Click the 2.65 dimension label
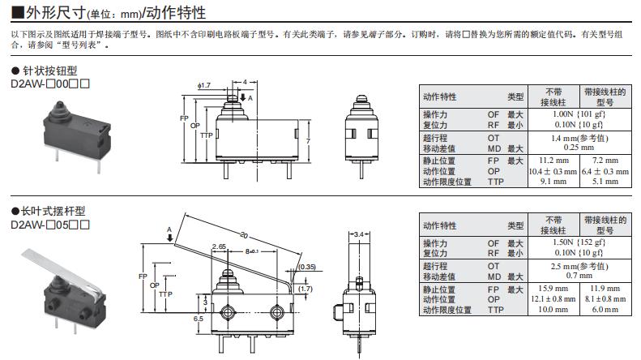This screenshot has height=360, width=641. coord(219,246)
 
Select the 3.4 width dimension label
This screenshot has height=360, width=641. coord(360,235)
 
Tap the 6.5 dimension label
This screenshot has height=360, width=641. coord(199,319)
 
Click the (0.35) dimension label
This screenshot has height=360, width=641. coord(306,266)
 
